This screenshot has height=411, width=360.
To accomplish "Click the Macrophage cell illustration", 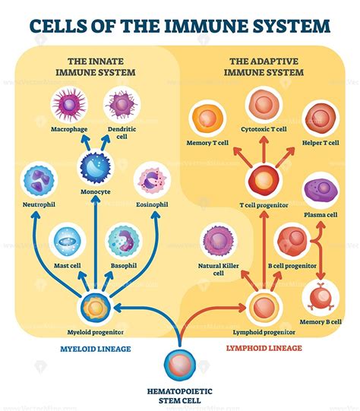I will tap(68, 106).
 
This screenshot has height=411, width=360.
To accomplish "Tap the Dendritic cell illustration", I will tap(121, 106).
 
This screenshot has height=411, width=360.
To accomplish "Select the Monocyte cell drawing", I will tap(96, 167).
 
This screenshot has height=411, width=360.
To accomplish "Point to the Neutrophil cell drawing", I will tap(37, 182).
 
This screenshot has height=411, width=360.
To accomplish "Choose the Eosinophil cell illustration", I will tap(153, 182).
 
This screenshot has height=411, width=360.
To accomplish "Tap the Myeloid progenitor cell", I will tap(96, 306).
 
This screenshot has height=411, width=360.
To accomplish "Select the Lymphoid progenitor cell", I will tap(264, 307).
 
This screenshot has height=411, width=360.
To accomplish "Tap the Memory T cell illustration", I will tap(208, 119).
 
